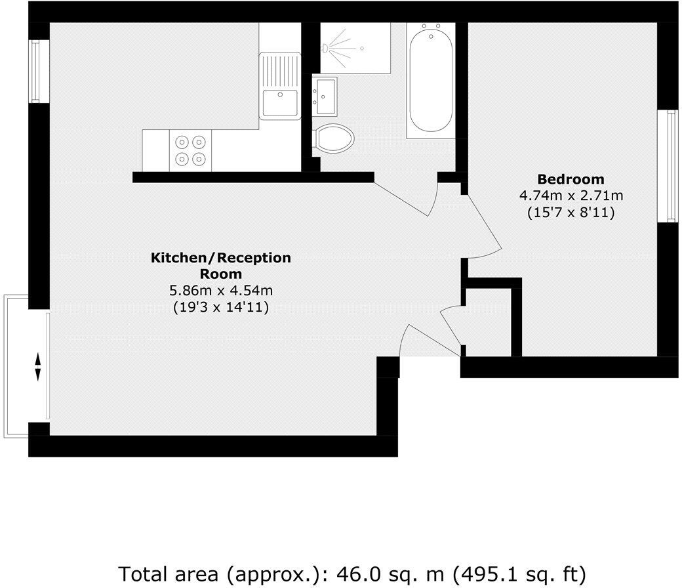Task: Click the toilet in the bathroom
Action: [x=334, y=139]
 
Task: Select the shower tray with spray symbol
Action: [x=355, y=47]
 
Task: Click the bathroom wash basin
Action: [x=325, y=93]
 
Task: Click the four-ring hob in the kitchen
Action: [x=190, y=150]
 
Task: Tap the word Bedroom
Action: [x=571, y=179]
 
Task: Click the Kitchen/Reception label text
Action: [x=221, y=265]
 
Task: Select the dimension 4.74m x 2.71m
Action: [x=571, y=196]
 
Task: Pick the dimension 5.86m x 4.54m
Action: [x=221, y=290]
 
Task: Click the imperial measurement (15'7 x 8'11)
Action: [x=571, y=213]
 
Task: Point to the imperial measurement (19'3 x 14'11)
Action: [x=221, y=306]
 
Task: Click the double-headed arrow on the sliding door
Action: [x=38, y=367]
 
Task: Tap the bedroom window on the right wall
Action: [x=670, y=166]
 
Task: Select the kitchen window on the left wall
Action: [x=38, y=71]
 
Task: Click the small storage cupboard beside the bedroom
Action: [x=489, y=322]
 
